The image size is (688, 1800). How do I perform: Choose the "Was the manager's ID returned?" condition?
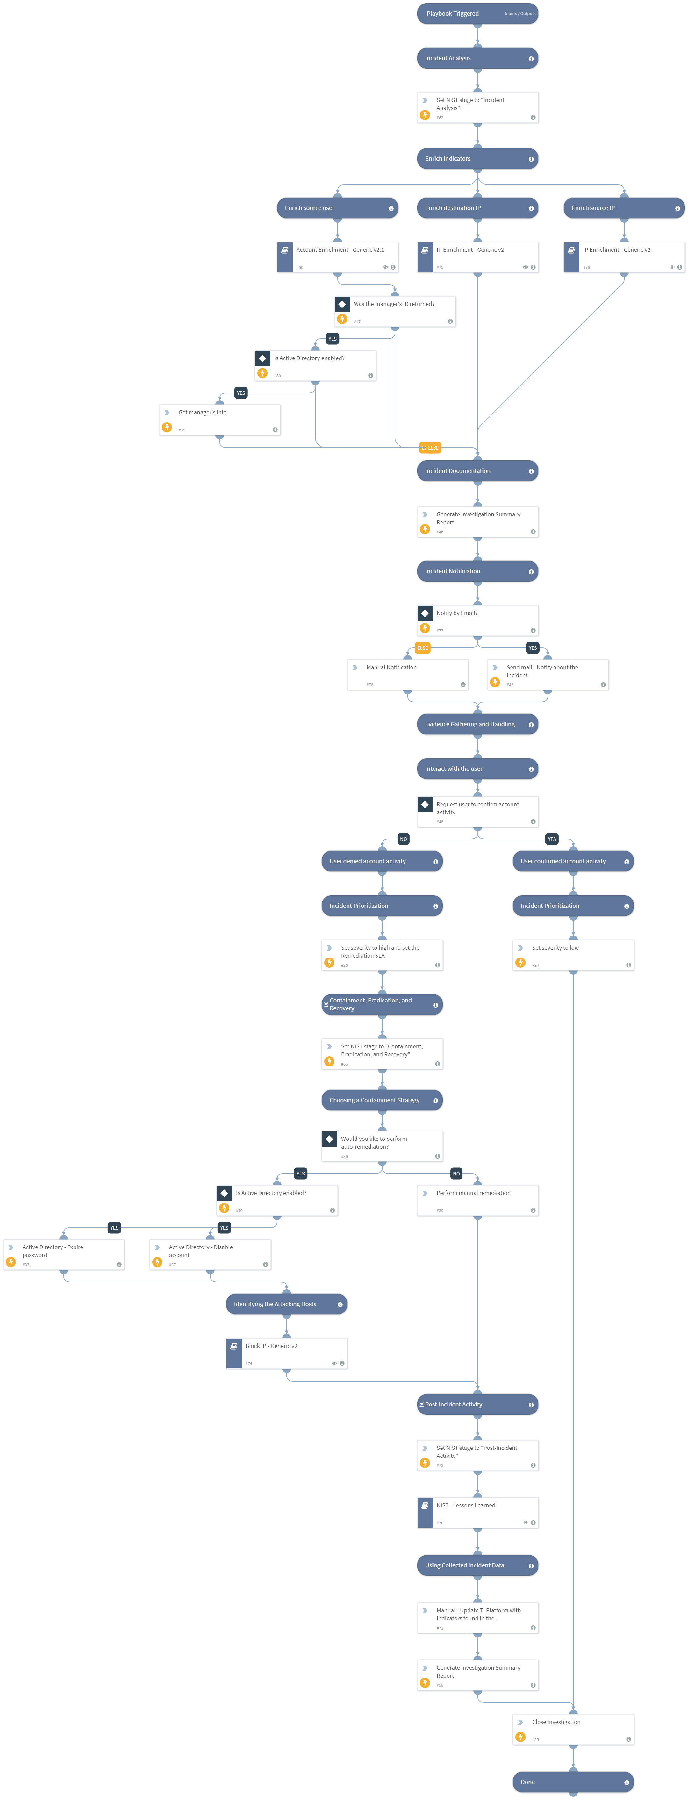395,311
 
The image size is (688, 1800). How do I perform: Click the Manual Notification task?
407,674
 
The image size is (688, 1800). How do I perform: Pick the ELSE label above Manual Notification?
422,648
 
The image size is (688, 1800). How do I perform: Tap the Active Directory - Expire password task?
64,1254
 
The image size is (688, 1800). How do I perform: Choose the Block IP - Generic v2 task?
286,1353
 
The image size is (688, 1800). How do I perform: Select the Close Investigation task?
573,1729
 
